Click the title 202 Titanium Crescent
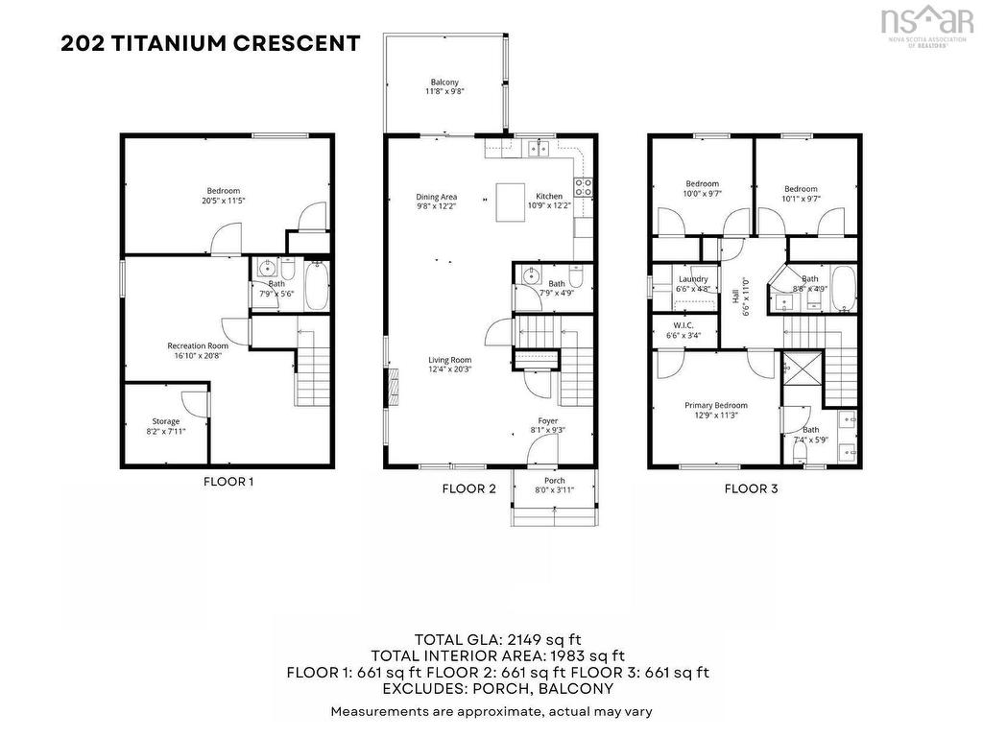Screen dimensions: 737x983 tap(210, 43)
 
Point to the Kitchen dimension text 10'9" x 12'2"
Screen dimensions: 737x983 tap(549, 205)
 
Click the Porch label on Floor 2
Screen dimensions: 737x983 tap(554, 480)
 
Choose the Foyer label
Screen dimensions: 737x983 tap(547, 420)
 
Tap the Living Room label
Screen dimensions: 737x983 tap(449, 361)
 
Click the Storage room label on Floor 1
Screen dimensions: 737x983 tap(165, 421)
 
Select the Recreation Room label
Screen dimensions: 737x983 tap(198, 345)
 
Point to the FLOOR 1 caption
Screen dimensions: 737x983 tap(228, 482)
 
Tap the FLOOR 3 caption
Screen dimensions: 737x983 tap(751, 488)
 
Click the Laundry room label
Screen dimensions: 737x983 tap(692, 279)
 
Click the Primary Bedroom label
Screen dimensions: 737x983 tap(715, 405)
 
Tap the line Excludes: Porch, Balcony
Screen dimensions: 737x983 tap(497, 688)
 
